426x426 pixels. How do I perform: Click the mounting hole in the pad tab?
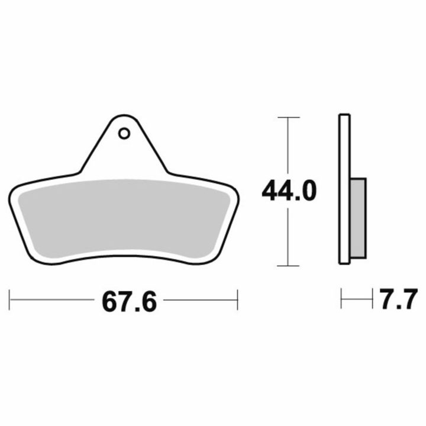tap(124, 134)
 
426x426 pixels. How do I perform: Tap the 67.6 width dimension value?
tap(129, 302)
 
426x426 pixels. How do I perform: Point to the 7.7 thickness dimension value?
tap(398, 299)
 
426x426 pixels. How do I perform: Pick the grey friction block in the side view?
tap(359, 218)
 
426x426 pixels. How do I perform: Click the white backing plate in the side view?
tap(344, 189)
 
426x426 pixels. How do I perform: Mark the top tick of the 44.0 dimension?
tap(289, 117)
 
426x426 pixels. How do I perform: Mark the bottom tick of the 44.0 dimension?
tap(288, 266)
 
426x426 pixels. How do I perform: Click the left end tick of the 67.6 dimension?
tap(9, 300)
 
